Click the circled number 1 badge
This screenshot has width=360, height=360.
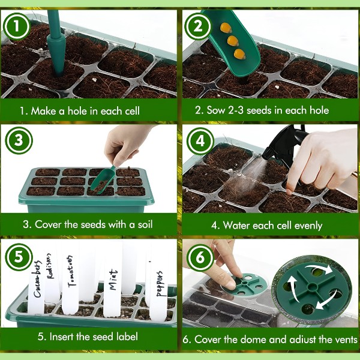coord(17,26)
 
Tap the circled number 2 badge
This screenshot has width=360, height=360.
coord(198,26)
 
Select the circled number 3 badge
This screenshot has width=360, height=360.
coord(19,140)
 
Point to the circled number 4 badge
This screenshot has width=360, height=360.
coord(200,141)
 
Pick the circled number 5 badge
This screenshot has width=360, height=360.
coord(19,257)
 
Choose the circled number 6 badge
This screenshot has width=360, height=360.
coord(200,257)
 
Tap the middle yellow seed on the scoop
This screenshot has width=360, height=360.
coord(233,41)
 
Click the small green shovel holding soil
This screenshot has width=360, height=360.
coord(103,178)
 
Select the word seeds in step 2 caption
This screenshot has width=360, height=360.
coord(259,110)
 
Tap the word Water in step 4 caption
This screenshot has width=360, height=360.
coord(236,225)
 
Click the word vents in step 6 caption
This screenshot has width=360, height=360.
coord(345,340)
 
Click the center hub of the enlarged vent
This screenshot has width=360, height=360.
coord(311,287)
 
